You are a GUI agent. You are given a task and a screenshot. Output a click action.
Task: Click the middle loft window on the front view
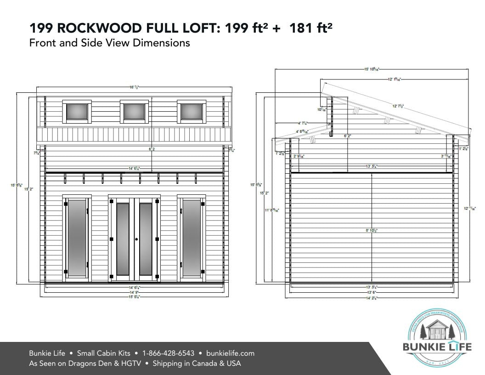click(135, 112)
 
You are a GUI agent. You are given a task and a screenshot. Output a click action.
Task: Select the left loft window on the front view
click(77, 112)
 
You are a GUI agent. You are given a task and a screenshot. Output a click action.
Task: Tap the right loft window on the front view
click(192, 112)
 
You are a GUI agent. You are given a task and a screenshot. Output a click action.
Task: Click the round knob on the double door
click(136, 239)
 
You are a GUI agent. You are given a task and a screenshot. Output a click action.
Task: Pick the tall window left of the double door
click(77, 238)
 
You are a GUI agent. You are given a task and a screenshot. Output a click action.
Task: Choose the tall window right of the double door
click(192, 238)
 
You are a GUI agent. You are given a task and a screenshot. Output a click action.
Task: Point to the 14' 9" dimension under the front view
click(135, 292)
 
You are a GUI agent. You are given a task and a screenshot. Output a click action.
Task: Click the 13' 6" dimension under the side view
click(372, 292)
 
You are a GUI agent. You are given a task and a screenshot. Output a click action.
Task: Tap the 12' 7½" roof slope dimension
click(397, 106)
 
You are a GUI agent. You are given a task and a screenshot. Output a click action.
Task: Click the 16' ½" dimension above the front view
click(134, 86)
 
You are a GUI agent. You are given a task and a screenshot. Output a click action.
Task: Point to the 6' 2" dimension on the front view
click(151, 149)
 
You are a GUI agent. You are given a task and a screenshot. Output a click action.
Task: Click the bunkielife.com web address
click(231, 353)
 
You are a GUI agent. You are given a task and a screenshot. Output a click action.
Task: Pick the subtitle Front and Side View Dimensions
click(109, 43)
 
